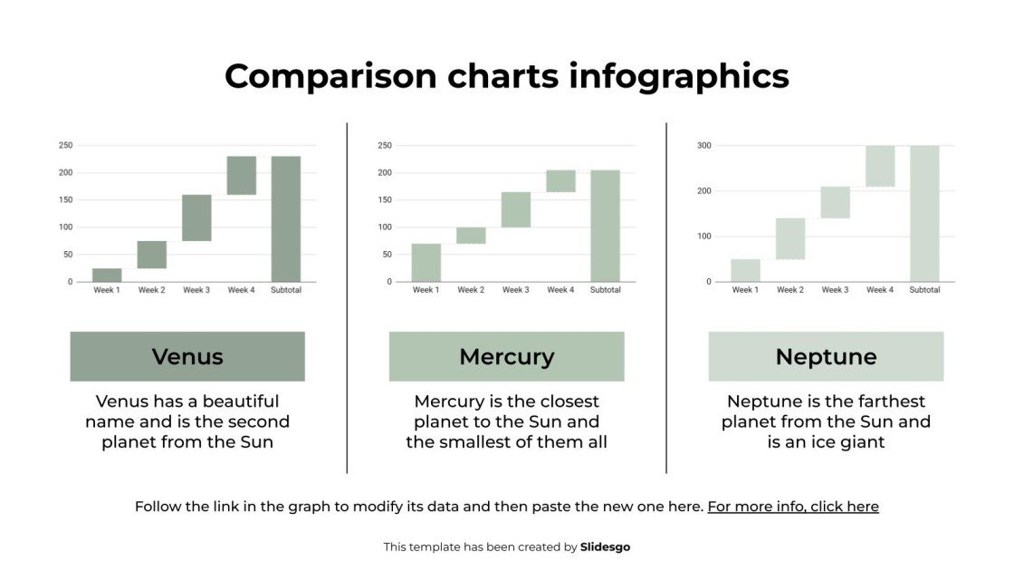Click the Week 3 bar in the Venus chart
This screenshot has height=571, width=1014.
[196, 218]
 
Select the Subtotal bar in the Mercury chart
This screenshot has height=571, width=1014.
[605, 226]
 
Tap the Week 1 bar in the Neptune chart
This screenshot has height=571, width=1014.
[745, 270]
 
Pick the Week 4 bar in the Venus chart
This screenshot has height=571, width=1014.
[241, 175]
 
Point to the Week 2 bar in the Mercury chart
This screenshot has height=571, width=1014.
[471, 236]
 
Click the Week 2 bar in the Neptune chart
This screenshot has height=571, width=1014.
[790, 238]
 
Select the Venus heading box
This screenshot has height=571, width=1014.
[187, 356]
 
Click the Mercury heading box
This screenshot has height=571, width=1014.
[506, 356]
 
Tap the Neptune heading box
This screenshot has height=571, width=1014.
[826, 356]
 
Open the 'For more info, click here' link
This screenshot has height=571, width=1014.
[793, 507]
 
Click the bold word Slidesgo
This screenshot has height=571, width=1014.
[605, 547]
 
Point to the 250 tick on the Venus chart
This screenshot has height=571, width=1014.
[65, 145]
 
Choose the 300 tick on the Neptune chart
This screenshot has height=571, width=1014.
[704, 145]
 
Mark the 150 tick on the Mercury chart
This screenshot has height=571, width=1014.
[385, 199]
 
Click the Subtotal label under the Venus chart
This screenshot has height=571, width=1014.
[286, 290]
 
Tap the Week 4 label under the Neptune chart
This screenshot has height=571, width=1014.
[879, 290]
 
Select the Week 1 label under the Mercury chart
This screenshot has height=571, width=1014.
[426, 290]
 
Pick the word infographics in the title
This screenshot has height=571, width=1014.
[679, 76]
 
